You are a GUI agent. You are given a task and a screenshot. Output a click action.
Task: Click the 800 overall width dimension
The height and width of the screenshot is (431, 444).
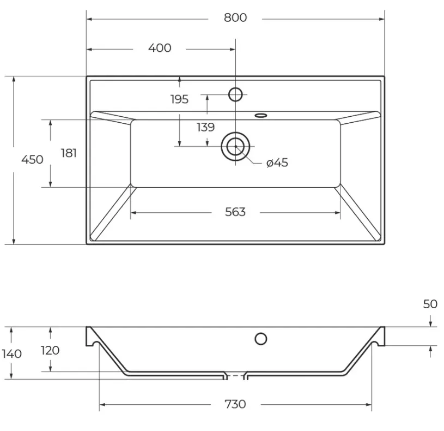coord(235,18)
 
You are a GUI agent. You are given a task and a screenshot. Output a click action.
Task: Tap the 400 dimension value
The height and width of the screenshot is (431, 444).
coord(160,48)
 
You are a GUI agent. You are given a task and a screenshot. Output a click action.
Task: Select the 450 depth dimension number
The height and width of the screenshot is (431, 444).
coord(32,160)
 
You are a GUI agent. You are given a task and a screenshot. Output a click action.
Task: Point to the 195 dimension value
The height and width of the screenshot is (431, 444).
coord(180,99)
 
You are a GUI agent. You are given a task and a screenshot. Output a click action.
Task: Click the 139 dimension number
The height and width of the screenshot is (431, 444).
coord(205,127)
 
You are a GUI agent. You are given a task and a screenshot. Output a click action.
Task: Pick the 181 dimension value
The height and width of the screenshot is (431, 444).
coord(69,153)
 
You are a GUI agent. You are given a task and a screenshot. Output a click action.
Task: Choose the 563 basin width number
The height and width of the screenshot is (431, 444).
coord(235,212)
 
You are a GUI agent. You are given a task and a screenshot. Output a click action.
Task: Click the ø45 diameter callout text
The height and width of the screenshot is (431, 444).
coord(277,163)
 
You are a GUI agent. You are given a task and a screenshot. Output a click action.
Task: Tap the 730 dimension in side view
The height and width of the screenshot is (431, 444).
coord(235,404)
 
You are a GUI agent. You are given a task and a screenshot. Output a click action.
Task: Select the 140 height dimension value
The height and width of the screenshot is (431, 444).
coord(11,354)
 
